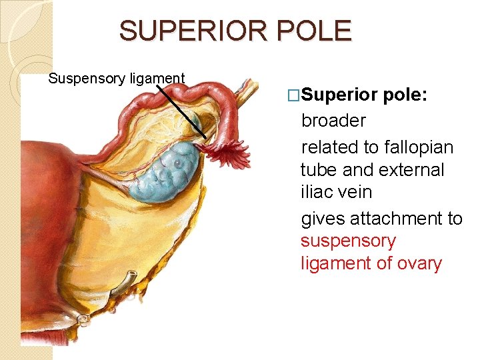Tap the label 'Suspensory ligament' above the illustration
coord(117,79)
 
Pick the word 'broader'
coord(333,121)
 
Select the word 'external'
coord(410,170)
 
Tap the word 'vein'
coord(355,193)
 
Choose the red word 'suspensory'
coord(348,241)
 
